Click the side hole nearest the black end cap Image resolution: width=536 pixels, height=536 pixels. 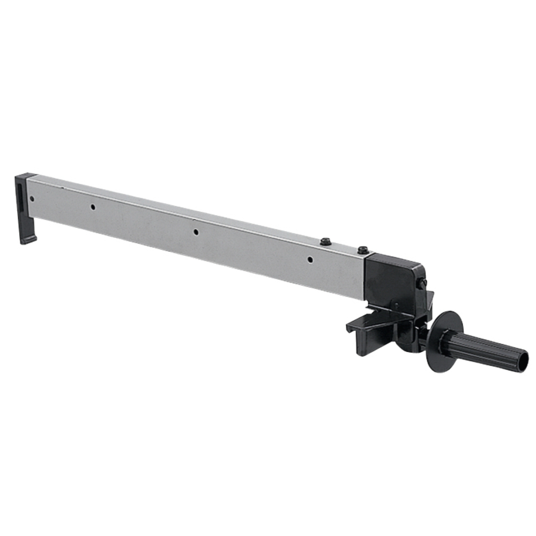pos(32,199)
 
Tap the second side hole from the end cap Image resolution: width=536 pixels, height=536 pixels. pos(93,207)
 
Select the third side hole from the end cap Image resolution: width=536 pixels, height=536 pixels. pos(196,232)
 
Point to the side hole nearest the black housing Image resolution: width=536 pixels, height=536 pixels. pos(310,260)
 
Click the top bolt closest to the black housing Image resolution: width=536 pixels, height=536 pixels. pos(363,250)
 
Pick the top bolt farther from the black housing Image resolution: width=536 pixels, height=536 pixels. pos(325,242)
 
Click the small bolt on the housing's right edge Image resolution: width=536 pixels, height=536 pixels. pos(423,282)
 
